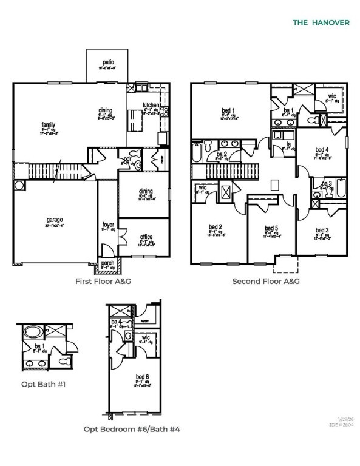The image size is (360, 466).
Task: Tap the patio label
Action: [x=108, y=62]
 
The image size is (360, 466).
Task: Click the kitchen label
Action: [x=151, y=105]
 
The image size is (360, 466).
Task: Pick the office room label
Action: [x=146, y=237]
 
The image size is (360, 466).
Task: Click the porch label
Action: [x=108, y=263]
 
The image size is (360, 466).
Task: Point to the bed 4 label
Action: [x=322, y=149]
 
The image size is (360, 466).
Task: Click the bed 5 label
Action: [x=271, y=229]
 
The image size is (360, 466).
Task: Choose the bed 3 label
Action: [x=322, y=230]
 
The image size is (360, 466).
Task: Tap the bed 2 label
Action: [x=216, y=228]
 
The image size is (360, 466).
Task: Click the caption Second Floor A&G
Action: [x=267, y=281]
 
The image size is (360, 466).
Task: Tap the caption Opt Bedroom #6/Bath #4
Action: [x=132, y=429]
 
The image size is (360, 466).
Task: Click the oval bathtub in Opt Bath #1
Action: [x=31, y=333]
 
